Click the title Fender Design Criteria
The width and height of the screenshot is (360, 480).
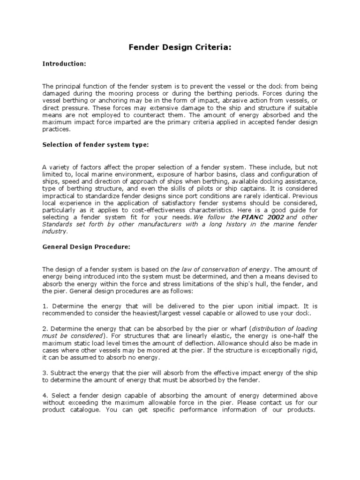click(x=180, y=48)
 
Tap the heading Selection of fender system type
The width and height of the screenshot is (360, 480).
click(x=95, y=145)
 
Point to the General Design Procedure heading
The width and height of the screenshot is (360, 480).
click(x=86, y=247)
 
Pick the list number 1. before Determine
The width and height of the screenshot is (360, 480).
click(x=45, y=306)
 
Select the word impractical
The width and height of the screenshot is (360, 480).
click(x=59, y=198)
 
